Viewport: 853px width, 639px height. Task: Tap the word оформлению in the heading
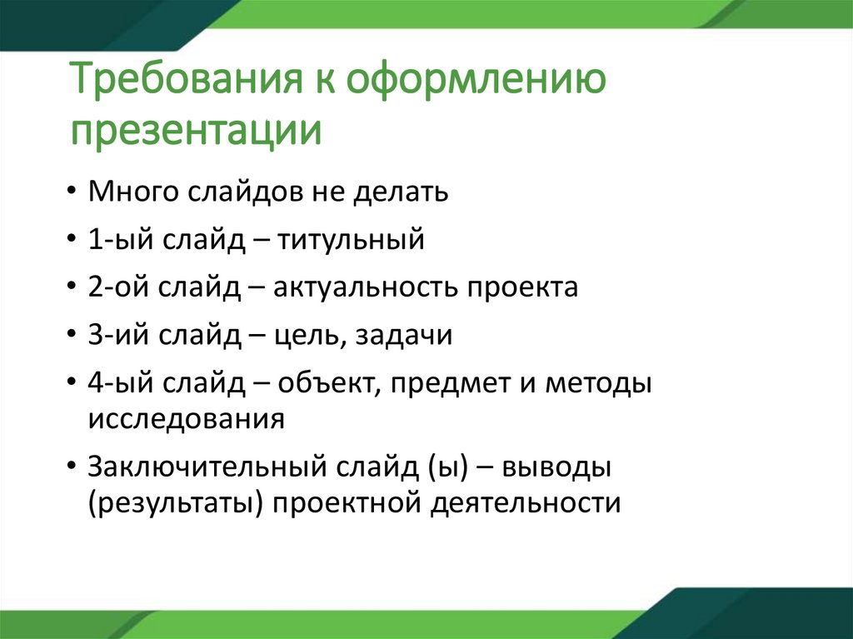[476, 85]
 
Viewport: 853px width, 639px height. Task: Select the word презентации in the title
[196, 132]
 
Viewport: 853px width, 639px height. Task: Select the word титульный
[351, 240]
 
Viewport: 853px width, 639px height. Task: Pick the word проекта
[522, 287]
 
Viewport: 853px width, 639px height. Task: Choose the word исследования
[187, 417]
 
